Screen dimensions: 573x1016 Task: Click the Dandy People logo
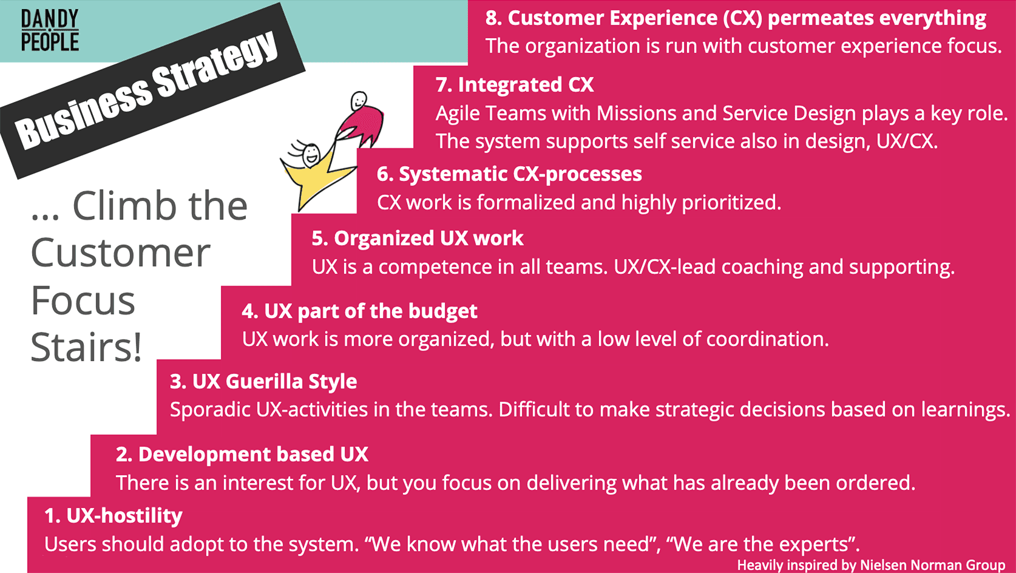pyautogui.click(x=50, y=30)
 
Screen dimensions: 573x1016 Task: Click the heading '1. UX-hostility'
pyautogui.click(x=113, y=516)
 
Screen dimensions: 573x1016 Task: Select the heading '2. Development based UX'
pyautogui.click(x=242, y=455)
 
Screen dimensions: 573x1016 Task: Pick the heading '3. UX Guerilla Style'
pyautogui.click(x=263, y=382)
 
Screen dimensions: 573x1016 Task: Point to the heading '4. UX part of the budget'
pyautogui.click(x=359, y=311)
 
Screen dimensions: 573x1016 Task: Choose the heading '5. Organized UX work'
pyautogui.click(x=418, y=239)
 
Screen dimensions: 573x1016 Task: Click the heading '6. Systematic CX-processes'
pyautogui.click(x=509, y=174)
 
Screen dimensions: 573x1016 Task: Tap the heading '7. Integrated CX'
pyautogui.click(x=515, y=85)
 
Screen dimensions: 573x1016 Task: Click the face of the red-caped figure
pyautogui.click(x=359, y=100)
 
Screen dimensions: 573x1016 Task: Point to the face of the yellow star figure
pyautogui.click(x=311, y=154)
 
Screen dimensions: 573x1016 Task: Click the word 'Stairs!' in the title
pyautogui.click(x=86, y=348)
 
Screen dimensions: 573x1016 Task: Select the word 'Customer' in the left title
pyautogui.click(x=121, y=253)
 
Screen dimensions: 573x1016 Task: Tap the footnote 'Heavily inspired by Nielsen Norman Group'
pyautogui.click(x=871, y=565)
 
